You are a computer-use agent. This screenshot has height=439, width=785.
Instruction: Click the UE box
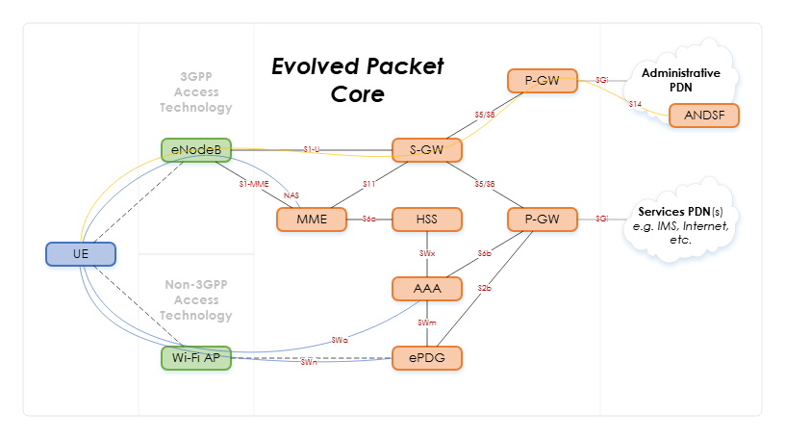point(81,255)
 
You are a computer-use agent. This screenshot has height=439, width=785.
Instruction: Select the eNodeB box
point(196,151)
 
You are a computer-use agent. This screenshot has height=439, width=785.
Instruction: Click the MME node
point(312,220)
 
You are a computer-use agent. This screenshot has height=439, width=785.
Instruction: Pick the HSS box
point(427,220)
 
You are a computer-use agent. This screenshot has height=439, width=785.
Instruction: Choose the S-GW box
point(427,150)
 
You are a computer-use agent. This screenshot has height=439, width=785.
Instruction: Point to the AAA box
point(427,289)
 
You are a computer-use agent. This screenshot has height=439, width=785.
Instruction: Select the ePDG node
point(427,359)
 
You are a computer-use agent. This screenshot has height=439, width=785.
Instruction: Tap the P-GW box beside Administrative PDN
point(542,82)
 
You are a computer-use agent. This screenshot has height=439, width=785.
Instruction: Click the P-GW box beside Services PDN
point(542,220)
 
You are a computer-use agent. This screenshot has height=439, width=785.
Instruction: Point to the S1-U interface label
point(312,149)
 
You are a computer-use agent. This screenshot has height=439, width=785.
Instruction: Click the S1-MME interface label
point(254,184)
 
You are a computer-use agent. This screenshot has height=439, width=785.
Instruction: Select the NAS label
point(291,196)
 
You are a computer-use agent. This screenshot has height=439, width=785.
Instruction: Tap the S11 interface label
point(368,184)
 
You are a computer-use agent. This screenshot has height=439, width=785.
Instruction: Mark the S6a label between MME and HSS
point(369,219)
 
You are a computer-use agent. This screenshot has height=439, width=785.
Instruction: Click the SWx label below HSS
point(427,254)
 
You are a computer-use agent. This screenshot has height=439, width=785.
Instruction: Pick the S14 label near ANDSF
point(635,103)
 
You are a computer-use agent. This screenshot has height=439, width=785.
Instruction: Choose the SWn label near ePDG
point(309,362)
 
